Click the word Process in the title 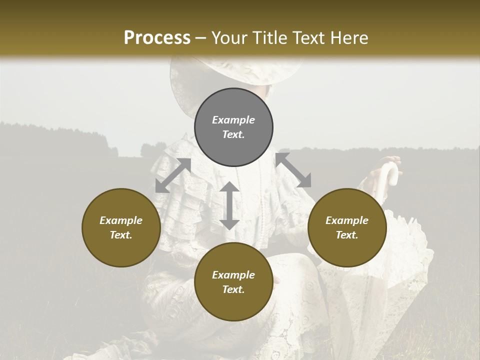pos(157,38)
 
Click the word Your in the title pos(229,38)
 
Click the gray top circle pos(233,127)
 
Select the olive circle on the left pos(121,227)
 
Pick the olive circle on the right pos(347,227)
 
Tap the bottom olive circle pos(233,282)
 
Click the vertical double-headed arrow pos(229,205)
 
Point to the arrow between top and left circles pos(173,175)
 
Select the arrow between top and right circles pos(293,170)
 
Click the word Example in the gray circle pos(233,120)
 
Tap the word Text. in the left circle pos(121,235)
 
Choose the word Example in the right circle pos(347,220)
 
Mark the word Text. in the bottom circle pos(233,289)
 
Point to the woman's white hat pos(235,75)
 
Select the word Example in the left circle pos(121,220)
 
